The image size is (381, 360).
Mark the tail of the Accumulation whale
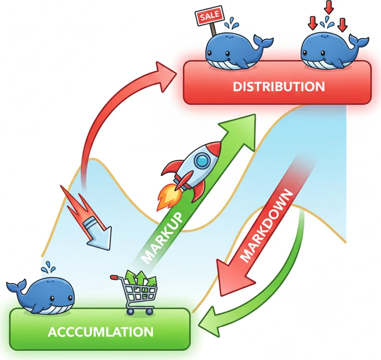click(14, 287)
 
